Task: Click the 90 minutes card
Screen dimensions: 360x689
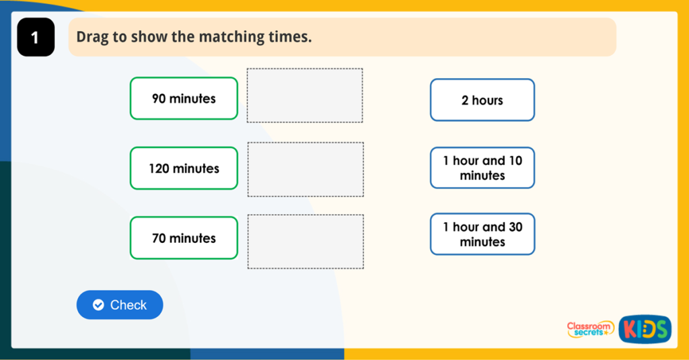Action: (x=184, y=98)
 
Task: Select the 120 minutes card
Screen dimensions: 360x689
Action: (x=184, y=168)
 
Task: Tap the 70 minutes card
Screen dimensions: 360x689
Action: (x=184, y=238)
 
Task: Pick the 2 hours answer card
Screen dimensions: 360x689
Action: (x=482, y=100)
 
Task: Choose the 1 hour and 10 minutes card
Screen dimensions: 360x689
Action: (x=482, y=168)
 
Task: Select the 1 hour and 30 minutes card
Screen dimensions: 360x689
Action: (x=482, y=234)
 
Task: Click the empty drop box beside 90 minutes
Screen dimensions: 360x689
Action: (x=305, y=96)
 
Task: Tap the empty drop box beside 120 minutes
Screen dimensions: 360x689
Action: (x=305, y=169)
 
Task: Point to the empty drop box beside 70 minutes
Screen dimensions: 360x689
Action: (x=305, y=242)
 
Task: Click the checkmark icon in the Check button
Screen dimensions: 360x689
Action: (x=98, y=305)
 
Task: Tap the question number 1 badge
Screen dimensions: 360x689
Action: (x=35, y=38)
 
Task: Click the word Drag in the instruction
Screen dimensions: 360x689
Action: (x=92, y=37)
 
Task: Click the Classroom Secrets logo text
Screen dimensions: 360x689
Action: (x=589, y=329)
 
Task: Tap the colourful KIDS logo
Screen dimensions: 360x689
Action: (x=645, y=329)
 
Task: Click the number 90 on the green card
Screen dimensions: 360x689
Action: (x=159, y=99)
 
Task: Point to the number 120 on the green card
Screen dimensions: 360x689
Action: (x=159, y=168)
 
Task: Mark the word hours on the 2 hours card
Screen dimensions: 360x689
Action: (x=487, y=100)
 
